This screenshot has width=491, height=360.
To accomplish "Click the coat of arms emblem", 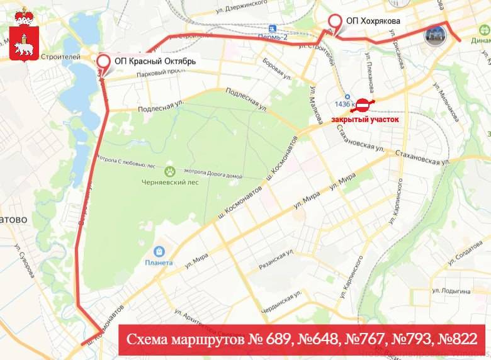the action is [x=24, y=35].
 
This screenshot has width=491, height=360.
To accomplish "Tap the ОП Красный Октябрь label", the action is [x=155, y=62].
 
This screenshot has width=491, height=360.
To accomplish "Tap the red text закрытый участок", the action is [x=365, y=119].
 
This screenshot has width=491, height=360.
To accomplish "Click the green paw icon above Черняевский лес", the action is [x=170, y=171].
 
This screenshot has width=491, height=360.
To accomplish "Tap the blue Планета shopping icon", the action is [x=159, y=251].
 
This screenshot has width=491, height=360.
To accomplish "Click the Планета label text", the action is [x=159, y=262].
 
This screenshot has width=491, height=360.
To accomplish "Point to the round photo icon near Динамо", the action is [x=435, y=36].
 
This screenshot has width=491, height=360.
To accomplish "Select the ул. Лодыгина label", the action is [x=451, y=291].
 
